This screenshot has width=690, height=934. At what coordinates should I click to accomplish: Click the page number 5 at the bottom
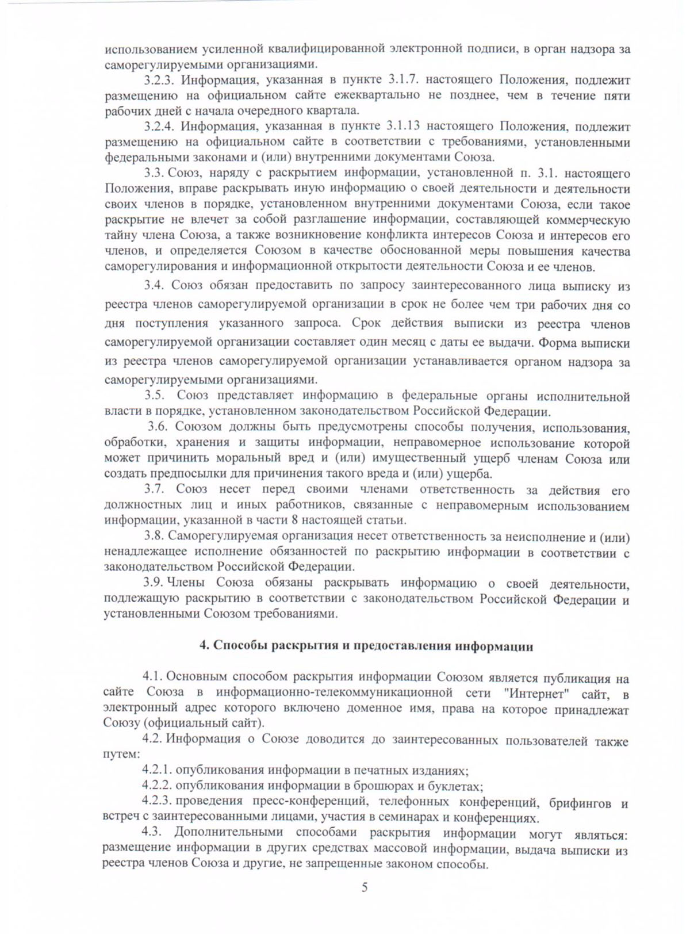coord(365,887)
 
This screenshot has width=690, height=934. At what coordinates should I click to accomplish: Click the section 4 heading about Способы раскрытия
coord(366,646)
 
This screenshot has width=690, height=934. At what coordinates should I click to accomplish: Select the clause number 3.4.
coord(154,285)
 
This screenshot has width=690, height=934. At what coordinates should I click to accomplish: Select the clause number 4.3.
coord(152,832)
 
